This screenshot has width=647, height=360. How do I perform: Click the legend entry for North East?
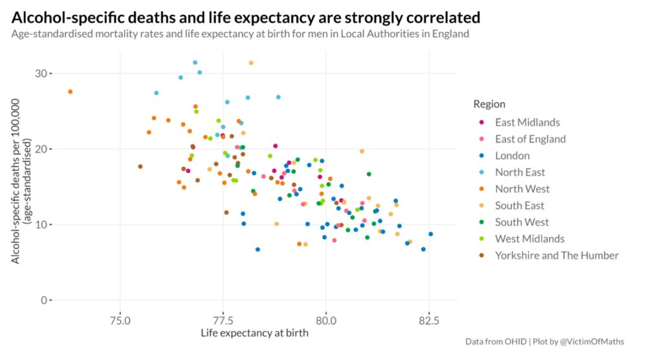pyautogui.click(x=520, y=172)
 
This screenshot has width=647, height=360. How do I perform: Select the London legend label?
pyautogui.click(x=512, y=155)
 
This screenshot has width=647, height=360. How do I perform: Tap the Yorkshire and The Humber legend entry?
pyautogui.click(x=556, y=255)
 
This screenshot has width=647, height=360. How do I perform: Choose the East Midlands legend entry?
pyautogui.click(x=527, y=122)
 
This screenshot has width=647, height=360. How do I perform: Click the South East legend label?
pyautogui.click(x=520, y=205)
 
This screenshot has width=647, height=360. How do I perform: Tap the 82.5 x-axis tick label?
pyautogui.click(x=429, y=320)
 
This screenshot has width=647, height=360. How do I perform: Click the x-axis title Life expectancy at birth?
pyautogui.click(x=254, y=333)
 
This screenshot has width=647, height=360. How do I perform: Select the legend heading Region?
pyautogui.click(x=489, y=104)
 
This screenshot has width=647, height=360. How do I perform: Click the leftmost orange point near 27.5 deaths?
pyautogui.click(x=70, y=92)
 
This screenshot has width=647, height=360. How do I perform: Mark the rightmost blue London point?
pyautogui.click(x=430, y=234)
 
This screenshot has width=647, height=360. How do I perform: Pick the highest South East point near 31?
pyautogui.click(x=251, y=63)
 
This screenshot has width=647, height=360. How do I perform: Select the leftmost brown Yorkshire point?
pyautogui.click(x=140, y=166)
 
